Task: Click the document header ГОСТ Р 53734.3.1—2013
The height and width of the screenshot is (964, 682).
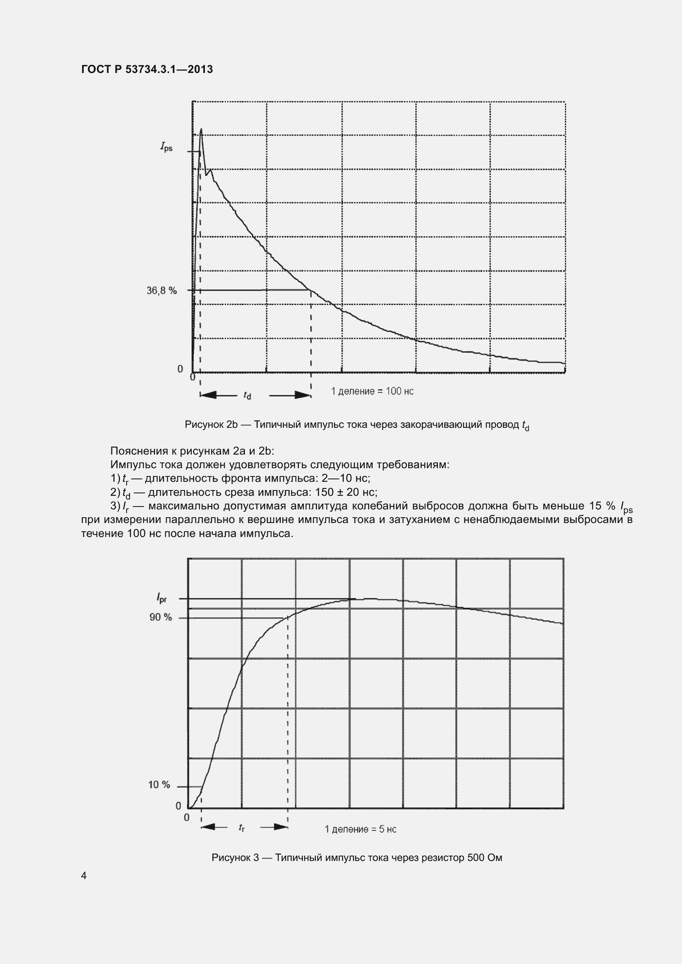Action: coord(147,69)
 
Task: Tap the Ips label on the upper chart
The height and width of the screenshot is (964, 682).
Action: coord(166,147)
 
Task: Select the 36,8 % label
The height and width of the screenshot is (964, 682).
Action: coord(162,291)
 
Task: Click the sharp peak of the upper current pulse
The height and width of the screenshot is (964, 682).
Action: coord(201,129)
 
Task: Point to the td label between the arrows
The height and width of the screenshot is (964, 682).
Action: coord(247,396)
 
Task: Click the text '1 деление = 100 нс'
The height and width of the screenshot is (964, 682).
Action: coord(372,391)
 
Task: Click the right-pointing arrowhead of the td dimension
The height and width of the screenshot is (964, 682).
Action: coord(303,395)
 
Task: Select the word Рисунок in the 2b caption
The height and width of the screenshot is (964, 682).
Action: coord(204,425)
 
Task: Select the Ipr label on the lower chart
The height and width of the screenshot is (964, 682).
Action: coord(162,598)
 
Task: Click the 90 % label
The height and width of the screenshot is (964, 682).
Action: coord(161,617)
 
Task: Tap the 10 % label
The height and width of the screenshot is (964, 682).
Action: coord(159,785)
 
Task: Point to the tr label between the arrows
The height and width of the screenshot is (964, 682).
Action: coord(242,827)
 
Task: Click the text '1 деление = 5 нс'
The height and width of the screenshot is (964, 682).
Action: coord(360,829)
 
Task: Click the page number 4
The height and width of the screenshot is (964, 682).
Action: coord(84,875)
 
